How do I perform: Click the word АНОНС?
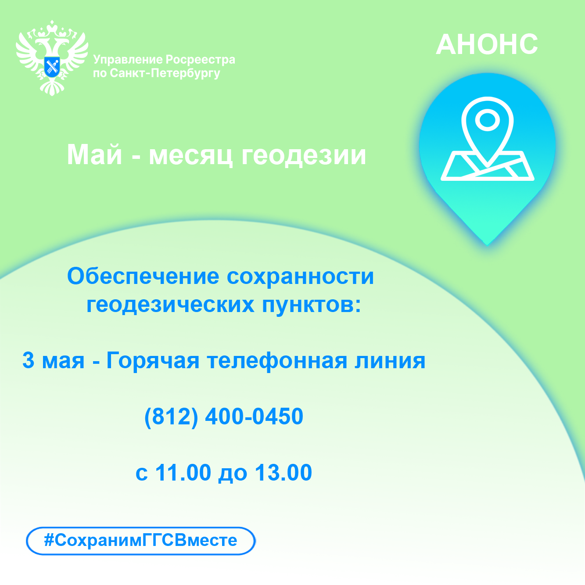(x=487, y=45)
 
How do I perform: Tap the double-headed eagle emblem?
(x=52, y=58)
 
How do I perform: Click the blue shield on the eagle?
(x=52, y=66)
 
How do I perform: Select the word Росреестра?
(x=201, y=60)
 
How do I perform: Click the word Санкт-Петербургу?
(x=165, y=73)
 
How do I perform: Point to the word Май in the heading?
(x=94, y=155)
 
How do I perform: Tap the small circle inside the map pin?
(x=487, y=120)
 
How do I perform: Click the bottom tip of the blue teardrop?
(x=487, y=245)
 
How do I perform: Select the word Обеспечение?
(x=143, y=276)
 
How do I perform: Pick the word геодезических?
(x=170, y=305)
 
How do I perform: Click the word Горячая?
(x=153, y=361)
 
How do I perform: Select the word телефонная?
(x=276, y=361)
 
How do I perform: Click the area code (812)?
(x=171, y=416)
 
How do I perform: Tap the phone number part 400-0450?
(x=255, y=416)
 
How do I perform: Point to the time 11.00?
(x=183, y=472)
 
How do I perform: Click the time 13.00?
(x=283, y=472)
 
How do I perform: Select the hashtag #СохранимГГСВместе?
(x=140, y=540)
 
